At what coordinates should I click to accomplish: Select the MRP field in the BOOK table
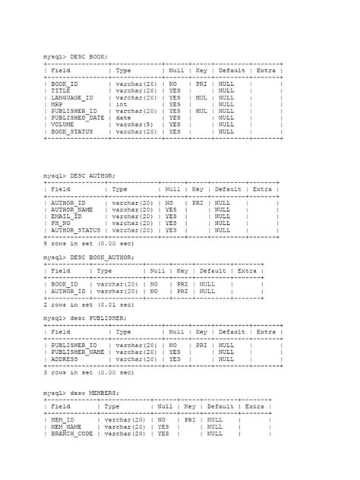pos(57,105)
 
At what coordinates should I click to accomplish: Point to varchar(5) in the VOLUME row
pos(133,125)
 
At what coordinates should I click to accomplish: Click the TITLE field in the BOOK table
pos(61,91)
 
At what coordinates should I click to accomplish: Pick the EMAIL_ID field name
pos(67,216)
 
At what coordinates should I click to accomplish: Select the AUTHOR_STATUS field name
pos(75,230)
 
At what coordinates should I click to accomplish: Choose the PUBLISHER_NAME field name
pos(77,352)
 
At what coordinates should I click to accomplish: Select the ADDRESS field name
pos(65,359)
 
